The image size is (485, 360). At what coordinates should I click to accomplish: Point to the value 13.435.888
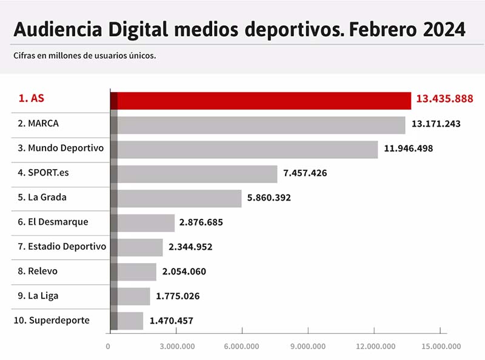tap(444, 99)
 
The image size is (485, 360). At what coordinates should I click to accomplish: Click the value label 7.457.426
tap(305, 173)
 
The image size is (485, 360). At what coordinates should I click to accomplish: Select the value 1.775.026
tap(178, 296)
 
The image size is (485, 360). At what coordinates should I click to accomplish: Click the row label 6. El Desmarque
tap(53, 222)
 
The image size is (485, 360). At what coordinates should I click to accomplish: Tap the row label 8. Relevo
tap(38, 271)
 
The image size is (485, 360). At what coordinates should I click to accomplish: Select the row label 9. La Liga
tap(38, 296)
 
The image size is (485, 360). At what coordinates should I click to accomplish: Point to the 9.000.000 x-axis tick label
tap(307, 346)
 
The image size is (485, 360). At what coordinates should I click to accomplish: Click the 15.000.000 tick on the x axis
tap(440, 346)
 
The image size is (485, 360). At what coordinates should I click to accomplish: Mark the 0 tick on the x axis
tap(108, 346)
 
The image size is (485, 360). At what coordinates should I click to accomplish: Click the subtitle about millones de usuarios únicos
tap(85, 56)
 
